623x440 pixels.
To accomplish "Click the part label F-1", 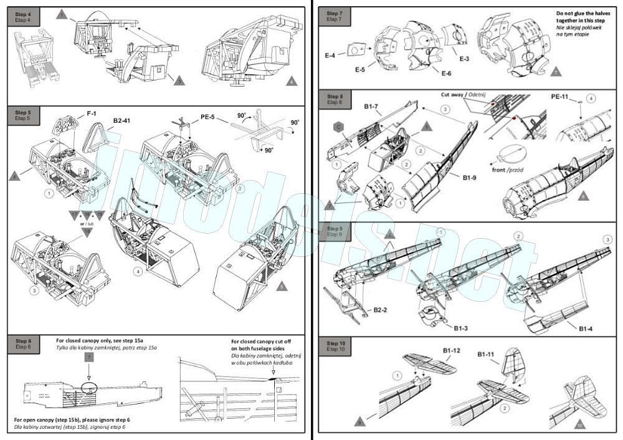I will tap(92, 114).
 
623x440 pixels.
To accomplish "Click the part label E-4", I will tap(330, 55).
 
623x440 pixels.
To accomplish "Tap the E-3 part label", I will tap(465, 59).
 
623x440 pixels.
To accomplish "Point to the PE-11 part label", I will tap(563, 97).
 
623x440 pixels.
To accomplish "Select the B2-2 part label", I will tap(382, 310).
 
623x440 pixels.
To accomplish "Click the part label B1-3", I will tap(461, 328).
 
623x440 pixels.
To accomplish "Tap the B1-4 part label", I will tap(586, 328).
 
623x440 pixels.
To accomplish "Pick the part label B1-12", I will tap(452, 352).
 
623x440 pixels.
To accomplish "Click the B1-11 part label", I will tap(487, 355).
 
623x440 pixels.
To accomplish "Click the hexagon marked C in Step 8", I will tap(337, 125).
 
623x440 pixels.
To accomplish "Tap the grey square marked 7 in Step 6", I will tap(90, 357).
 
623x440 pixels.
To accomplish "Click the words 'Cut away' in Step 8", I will tap(453, 94).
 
